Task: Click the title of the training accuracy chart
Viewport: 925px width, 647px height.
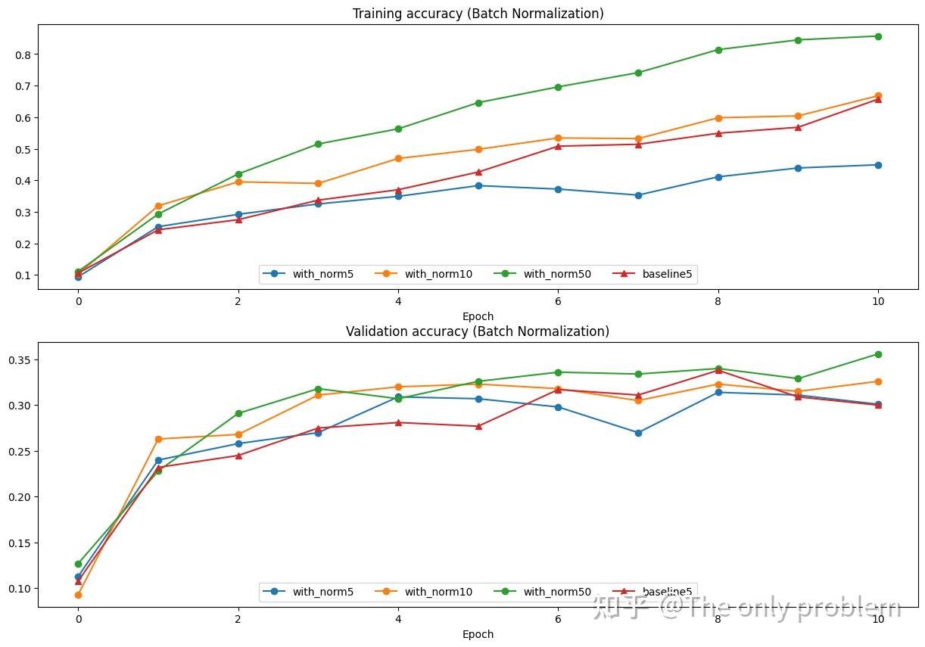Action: (x=478, y=14)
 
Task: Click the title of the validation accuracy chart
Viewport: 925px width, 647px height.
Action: (x=478, y=331)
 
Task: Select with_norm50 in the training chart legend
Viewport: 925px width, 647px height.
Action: (x=556, y=274)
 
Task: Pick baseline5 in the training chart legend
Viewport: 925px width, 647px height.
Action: (x=667, y=274)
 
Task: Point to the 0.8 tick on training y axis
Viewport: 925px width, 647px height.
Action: (x=21, y=55)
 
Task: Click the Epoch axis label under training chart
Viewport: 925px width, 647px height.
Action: (x=478, y=316)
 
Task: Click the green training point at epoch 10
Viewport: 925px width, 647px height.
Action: (x=878, y=36)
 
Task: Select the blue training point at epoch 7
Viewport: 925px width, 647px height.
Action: (x=638, y=195)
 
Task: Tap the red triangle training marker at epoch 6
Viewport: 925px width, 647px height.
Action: (x=558, y=146)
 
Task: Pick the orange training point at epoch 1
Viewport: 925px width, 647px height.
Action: (x=158, y=206)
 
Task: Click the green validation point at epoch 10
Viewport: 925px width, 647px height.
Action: (x=878, y=354)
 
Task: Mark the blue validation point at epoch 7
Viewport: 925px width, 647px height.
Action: (x=638, y=433)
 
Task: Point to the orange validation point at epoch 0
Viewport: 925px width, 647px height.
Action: (x=78, y=595)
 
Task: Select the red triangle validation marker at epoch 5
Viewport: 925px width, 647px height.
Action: (x=478, y=426)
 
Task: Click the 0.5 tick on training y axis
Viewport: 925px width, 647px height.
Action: (x=21, y=150)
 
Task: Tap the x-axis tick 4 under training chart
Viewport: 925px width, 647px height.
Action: (x=398, y=300)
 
